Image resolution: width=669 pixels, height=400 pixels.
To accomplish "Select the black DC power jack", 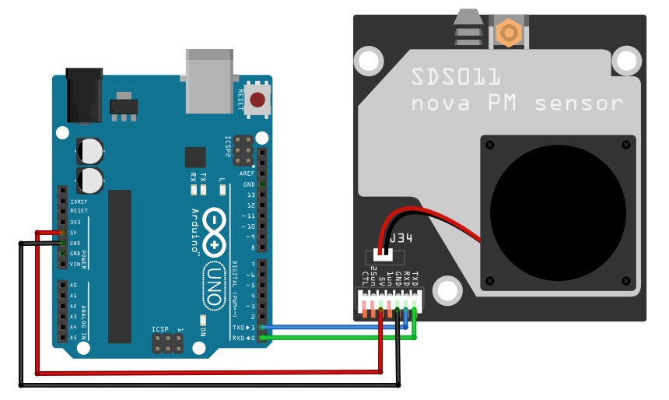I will [85, 94].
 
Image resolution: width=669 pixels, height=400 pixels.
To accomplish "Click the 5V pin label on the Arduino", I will [73, 233].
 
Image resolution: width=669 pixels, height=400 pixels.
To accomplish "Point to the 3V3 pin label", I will [75, 222].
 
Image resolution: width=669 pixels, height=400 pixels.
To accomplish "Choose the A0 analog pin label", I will [73, 286].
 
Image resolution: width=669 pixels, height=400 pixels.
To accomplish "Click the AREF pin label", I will [247, 174].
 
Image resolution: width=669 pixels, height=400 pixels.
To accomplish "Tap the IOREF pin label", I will [78, 201].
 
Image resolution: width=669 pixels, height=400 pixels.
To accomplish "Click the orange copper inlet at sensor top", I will [508, 33].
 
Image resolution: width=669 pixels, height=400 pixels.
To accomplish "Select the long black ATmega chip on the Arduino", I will [120, 265].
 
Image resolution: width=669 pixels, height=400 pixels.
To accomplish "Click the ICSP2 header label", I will [228, 147].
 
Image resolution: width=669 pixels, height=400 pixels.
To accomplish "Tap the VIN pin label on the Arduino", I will [75, 265].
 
